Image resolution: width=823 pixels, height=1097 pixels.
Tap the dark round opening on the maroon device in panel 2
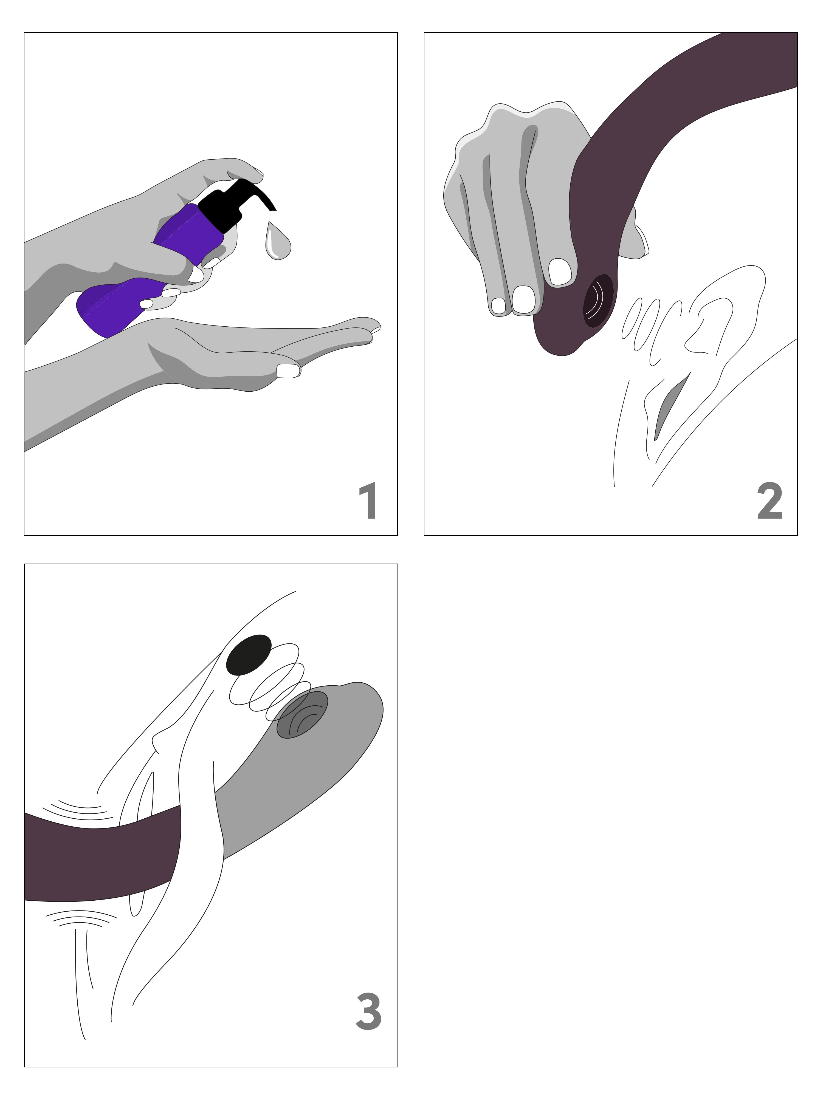599,301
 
